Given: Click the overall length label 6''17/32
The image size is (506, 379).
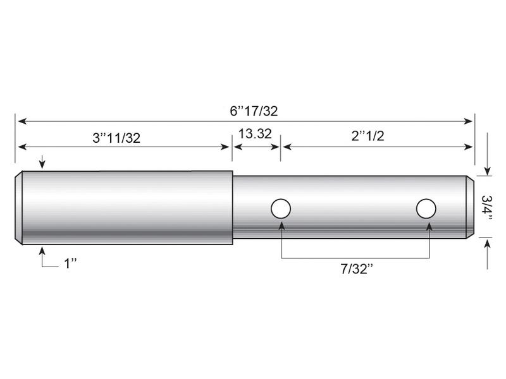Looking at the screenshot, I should pyautogui.click(x=254, y=111).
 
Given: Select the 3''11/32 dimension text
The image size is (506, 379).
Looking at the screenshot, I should pyautogui.click(x=116, y=138).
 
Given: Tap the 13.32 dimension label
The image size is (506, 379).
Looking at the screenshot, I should pyautogui.click(x=256, y=133).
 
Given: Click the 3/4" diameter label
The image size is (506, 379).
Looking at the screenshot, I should pyautogui.click(x=488, y=207).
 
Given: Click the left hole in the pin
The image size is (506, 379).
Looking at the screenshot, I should pyautogui.click(x=280, y=208).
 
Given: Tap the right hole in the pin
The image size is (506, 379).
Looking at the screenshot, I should pyautogui.click(x=426, y=208).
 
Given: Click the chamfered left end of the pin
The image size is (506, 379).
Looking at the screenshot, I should pyautogui.click(x=19, y=207).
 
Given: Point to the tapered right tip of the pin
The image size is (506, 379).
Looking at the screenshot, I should pyautogui.click(x=470, y=207).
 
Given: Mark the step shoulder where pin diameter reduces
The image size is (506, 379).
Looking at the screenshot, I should pyautogui.click(x=233, y=207).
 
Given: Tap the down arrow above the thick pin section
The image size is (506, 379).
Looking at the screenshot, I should pyautogui.click(x=42, y=165).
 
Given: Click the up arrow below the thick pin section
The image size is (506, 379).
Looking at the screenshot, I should pyautogui.click(x=42, y=250).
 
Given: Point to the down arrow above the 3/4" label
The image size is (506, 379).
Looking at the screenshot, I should pyautogui.click(x=487, y=171).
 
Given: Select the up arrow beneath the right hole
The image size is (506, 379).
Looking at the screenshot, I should pyautogui.click(x=429, y=224).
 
